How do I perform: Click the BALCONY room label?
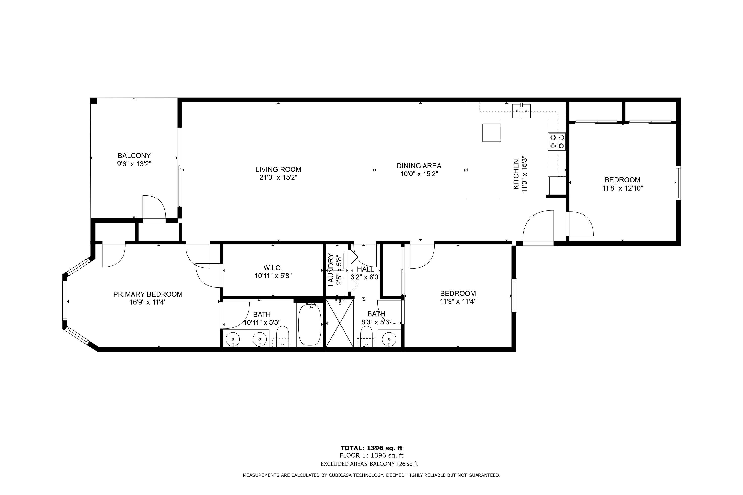coord(134,156)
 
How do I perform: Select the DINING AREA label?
coord(419,166)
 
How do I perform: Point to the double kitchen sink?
coord(521,111)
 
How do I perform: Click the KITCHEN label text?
coord(516,174)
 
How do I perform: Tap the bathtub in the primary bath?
coord(310,324)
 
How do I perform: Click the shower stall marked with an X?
coord(340,323)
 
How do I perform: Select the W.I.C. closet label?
coord(273,268)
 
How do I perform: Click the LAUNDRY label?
coord(331,270)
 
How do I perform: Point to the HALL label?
coord(366,269)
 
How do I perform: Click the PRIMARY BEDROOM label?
coord(148,294)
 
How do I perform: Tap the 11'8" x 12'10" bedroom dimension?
coord(622,188)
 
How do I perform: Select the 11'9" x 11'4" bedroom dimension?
coord(458,301)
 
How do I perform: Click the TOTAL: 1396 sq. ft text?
coord(371,448)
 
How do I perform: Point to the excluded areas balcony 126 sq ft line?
coord(369,464)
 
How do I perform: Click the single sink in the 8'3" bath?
coord(389,339)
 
